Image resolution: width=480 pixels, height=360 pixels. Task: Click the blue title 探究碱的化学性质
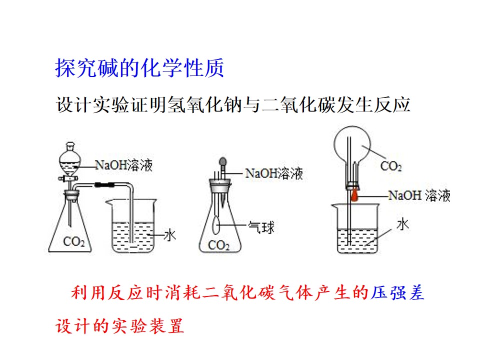click(x=139, y=67)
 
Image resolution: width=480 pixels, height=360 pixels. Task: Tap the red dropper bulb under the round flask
click(x=354, y=195)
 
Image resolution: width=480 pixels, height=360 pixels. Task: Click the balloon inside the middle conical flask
click(x=216, y=225)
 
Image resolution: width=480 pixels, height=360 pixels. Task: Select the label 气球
click(x=261, y=227)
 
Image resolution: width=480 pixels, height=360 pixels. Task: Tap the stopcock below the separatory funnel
click(x=68, y=178)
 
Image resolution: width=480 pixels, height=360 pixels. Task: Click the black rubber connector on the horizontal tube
click(x=104, y=184)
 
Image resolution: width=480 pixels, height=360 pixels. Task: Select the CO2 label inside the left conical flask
click(x=74, y=241)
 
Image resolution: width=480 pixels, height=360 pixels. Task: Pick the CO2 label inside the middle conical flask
click(x=218, y=245)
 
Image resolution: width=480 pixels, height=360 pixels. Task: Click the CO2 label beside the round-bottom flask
click(x=391, y=166)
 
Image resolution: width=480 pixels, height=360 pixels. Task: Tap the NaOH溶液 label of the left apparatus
click(x=123, y=165)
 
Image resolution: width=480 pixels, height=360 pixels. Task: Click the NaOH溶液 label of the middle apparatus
click(x=274, y=173)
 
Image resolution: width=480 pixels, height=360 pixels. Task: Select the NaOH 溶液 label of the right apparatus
click(x=419, y=195)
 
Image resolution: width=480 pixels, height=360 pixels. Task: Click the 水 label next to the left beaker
click(x=170, y=235)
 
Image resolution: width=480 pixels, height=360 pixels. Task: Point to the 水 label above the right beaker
click(x=402, y=224)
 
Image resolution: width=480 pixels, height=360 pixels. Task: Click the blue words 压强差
click(x=397, y=292)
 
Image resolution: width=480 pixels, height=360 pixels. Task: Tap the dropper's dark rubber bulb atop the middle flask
click(x=223, y=161)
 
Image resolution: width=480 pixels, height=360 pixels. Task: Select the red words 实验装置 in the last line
click(x=148, y=325)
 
